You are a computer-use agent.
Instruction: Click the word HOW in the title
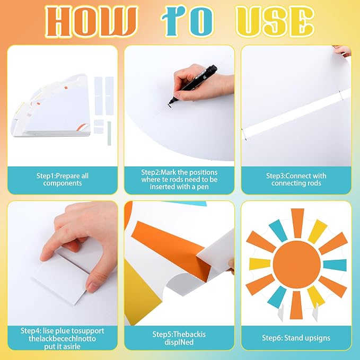point(91,22)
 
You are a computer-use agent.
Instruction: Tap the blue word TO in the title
point(187,21)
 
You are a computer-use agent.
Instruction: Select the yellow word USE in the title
point(275,22)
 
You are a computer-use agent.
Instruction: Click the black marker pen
point(194,84)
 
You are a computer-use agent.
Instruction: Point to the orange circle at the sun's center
point(296,264)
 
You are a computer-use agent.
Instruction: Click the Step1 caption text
point(63,180)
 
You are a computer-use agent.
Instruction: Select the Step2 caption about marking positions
point(179,180)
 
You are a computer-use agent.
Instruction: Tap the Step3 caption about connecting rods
point(296,180)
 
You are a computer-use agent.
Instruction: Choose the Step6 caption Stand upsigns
point(296,338)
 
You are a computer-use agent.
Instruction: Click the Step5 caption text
point(179,338)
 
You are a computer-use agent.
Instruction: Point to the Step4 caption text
point(63,338)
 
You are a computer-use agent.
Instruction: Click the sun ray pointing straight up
point(297,223)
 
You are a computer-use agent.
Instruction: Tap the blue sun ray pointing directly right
point(335,265)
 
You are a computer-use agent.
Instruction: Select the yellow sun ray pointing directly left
point(260,264)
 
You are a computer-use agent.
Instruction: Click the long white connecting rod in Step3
point(296,114)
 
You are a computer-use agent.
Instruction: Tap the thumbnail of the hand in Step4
point(93,286)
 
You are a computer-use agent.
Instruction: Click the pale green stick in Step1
point(109,134)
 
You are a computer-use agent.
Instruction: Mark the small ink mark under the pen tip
point(170,106)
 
